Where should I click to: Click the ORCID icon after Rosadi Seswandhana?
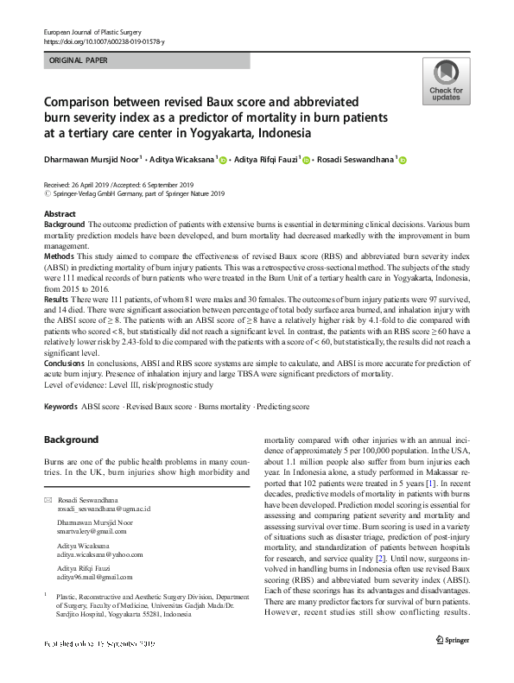pyautogui.click(x=402, y=160)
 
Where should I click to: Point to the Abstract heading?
pyautogui.click(x=59, y=213)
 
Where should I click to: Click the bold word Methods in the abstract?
pyautogui.click(x=60, y=257)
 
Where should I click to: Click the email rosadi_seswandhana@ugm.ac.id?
pyautogui.click(x=104, y=510)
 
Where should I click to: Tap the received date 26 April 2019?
pyautogui.click(x=92, y=186)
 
